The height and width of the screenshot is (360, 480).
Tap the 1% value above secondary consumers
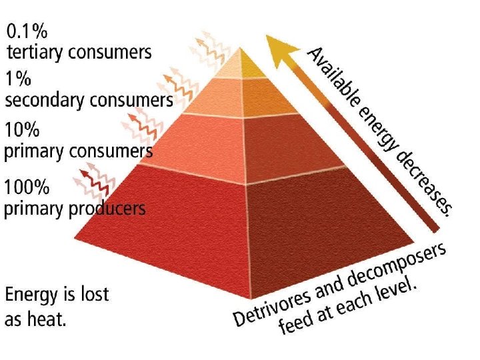[19, 79]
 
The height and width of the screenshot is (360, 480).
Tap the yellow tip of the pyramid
[252, 65]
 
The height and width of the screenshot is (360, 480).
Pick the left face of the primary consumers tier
[193, 140]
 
